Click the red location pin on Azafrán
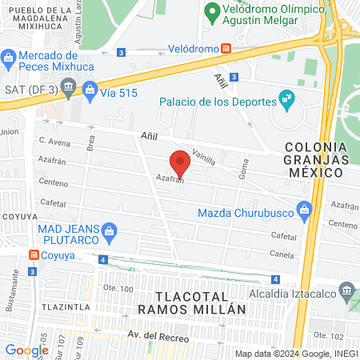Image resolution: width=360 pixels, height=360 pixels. tap(181, 162)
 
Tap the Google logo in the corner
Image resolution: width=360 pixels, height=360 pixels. tap(26, 350)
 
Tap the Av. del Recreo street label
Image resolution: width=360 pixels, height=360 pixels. tap(158, 338)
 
